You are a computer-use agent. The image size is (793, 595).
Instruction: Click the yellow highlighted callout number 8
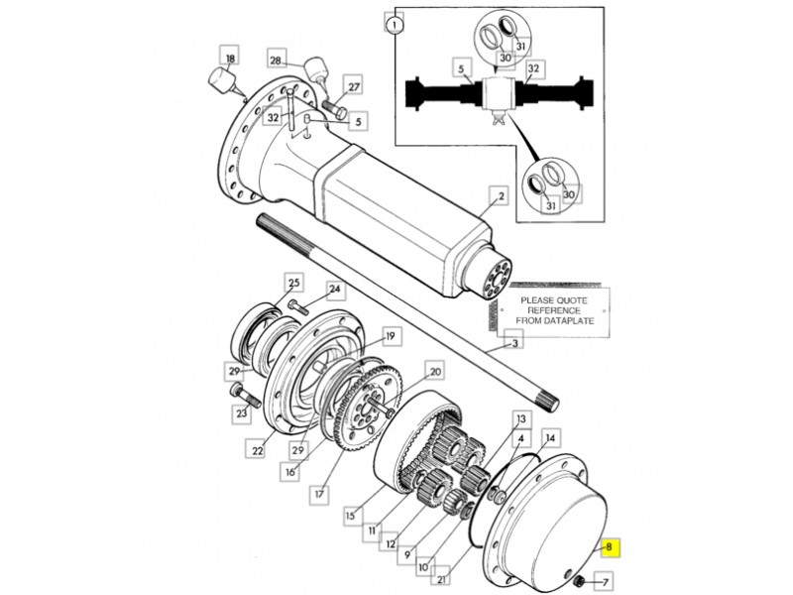coord(609,547)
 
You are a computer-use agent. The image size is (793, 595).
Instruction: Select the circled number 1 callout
coord(395,24)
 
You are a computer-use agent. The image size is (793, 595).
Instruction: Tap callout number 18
coord(230,59)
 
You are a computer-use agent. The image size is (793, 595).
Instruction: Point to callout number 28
coord(276,60)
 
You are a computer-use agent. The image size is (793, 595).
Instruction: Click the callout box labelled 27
coord(354,86)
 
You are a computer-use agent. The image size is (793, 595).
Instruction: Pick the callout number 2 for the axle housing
coord(501,195)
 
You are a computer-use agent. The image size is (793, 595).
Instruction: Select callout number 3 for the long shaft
coord(514,343)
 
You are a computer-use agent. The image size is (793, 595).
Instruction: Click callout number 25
coord(293,283)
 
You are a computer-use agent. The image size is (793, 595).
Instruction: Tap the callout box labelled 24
coord(335,290)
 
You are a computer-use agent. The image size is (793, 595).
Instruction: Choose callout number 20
coord(435,372)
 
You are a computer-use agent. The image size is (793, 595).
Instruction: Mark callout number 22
coord(258,450)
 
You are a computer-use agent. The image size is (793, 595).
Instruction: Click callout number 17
coord(319,493)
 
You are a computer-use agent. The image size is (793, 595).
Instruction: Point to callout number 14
coord(551,437)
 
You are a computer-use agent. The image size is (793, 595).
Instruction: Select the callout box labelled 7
coord(605,581)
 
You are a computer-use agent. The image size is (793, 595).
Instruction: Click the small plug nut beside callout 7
coord(580,581)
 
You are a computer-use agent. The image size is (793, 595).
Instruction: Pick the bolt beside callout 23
coord(245,396)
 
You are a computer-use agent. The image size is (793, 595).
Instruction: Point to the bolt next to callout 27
coord(334,109)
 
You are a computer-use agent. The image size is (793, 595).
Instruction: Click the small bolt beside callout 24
coord(298,306)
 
